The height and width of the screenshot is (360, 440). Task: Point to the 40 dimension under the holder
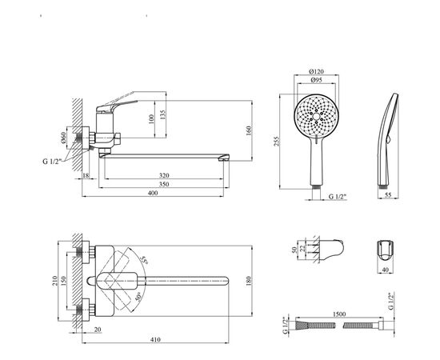coord(387,270)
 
